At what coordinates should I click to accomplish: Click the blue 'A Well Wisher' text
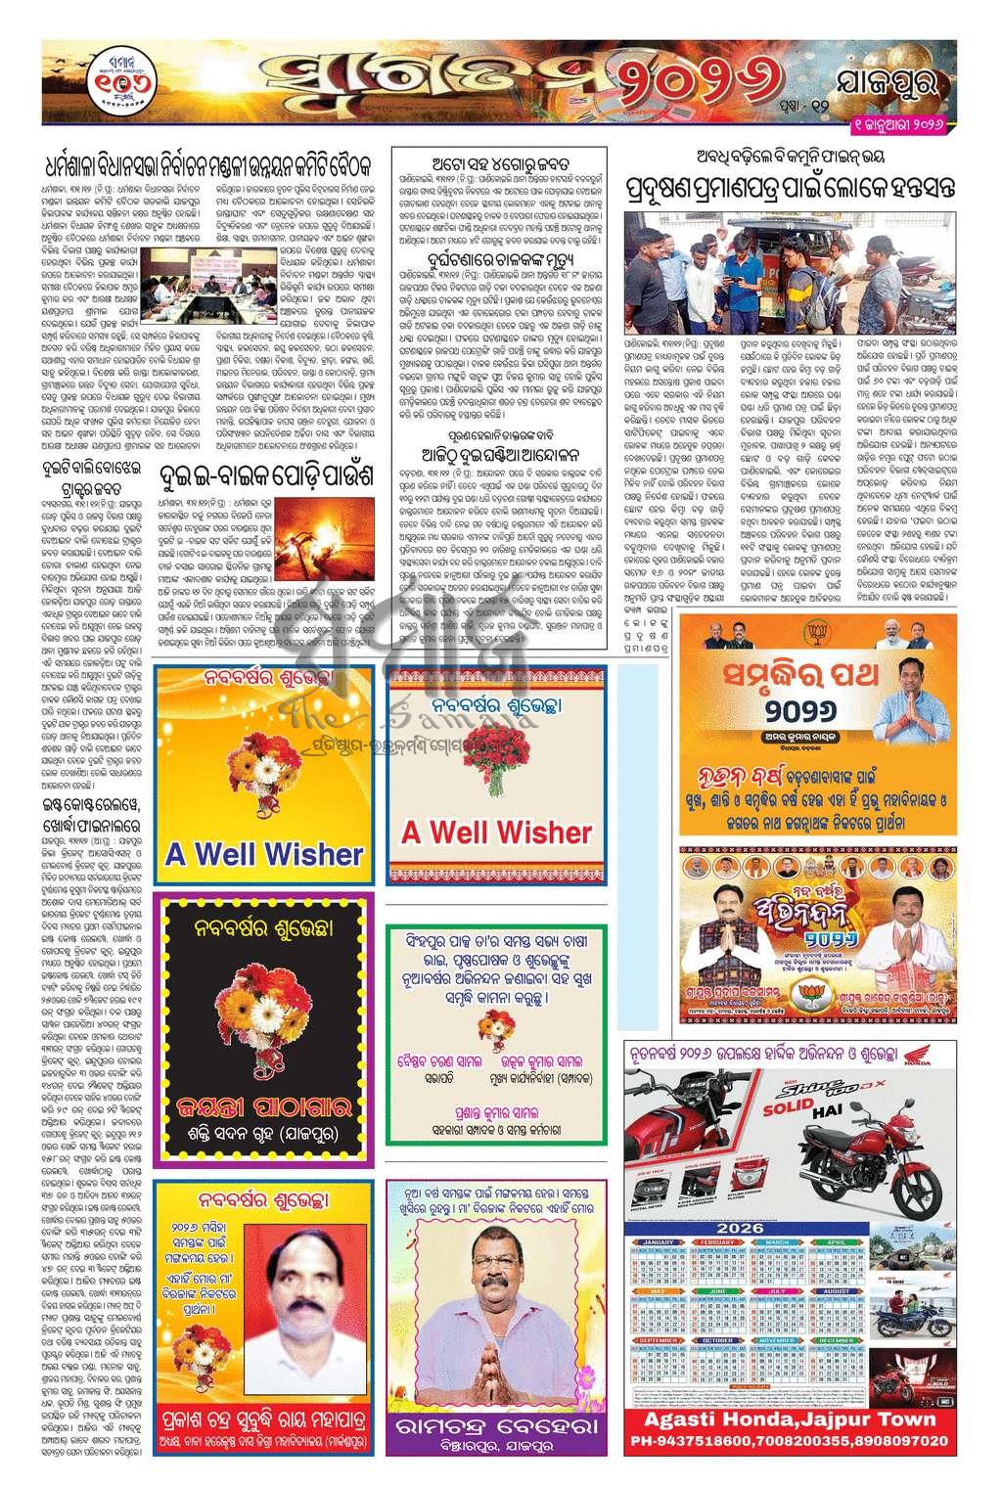[x=264, y=853]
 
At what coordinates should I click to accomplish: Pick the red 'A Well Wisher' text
[x=497, y=833]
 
